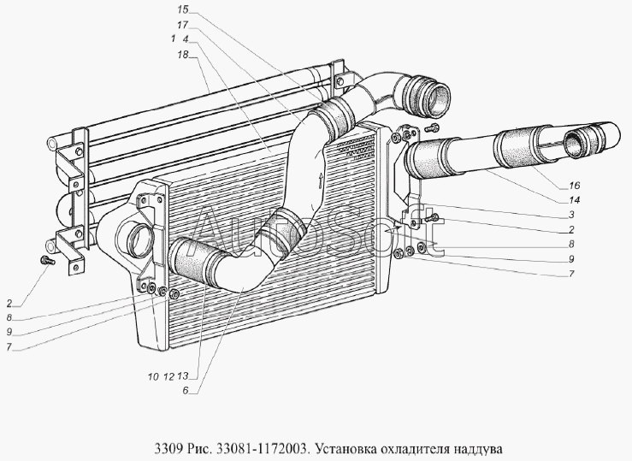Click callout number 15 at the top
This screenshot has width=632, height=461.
pos(182,9)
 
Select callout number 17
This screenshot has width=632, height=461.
pos(182,25)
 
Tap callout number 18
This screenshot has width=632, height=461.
pos(182,54)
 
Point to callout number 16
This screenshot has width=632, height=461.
pos(574,186)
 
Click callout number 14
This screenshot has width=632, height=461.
pos(574,200)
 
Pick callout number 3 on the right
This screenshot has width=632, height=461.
pos(571,215)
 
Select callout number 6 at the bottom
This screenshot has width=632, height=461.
pos(186,391)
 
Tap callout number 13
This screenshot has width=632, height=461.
pos(182,376)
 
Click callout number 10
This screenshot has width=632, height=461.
pos(153,377)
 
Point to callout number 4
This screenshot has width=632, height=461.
pos(186,39)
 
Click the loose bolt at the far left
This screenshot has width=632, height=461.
pos(48,261)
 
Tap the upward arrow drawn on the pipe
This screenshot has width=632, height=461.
pos(321,180)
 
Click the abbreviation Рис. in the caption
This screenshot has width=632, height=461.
pos(198,448)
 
